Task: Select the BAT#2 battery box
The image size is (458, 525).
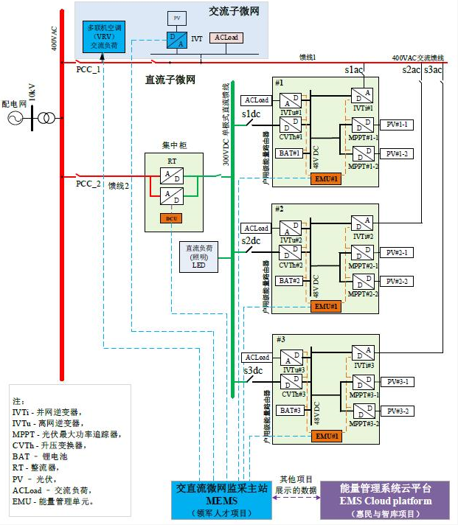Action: point(291,281)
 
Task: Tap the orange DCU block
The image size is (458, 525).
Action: point(171,218)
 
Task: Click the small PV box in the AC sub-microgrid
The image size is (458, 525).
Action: point(176,16)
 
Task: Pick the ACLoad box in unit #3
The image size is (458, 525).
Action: point(256,357)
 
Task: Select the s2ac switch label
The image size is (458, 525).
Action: point(412,70)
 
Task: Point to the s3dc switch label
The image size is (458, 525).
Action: point(252,370)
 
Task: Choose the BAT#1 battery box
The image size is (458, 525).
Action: point(291,153)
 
